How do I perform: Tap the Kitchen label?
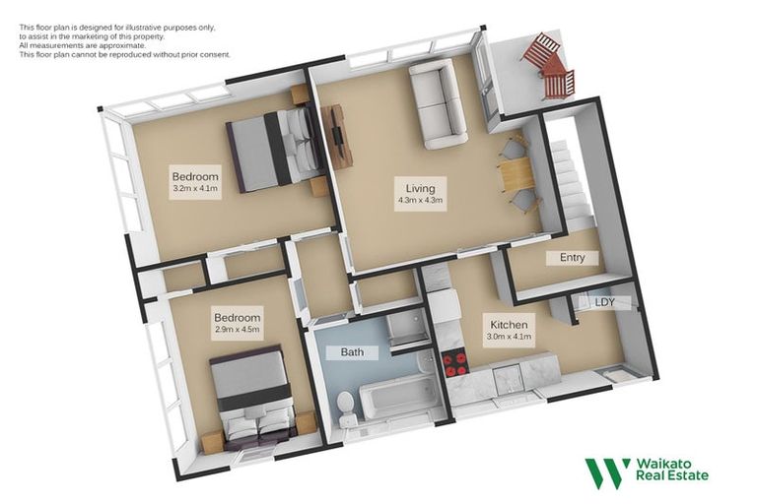pos(509,324)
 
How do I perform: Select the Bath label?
pos(353,351)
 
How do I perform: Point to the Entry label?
pos(572,258)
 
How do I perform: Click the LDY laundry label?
pos(605,303)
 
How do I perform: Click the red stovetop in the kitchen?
pos(454,365)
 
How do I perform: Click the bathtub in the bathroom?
pos(399,397)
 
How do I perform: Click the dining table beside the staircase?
pos(516,175)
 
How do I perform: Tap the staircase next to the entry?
pos(571,182)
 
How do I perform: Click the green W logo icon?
pos(607,472)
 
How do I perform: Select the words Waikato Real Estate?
pos(672,470)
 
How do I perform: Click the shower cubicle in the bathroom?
pos(405,331)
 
